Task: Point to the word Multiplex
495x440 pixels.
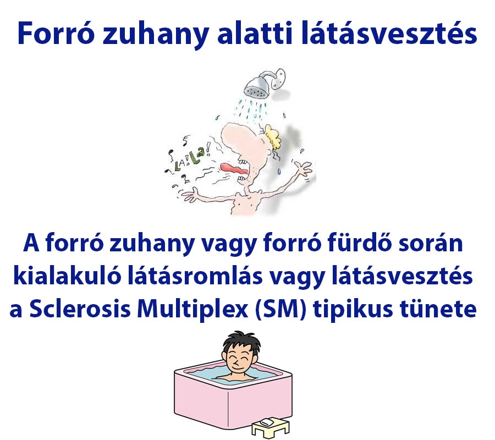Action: (x=200, y=309)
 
